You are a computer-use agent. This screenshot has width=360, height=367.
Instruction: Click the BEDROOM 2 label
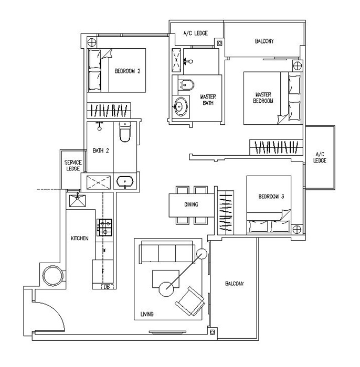point(128,72)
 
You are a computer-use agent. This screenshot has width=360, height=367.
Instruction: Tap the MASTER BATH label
point(208,100)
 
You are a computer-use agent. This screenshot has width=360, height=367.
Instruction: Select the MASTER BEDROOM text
point(263,98)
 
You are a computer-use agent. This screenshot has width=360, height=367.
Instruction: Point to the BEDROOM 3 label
point(271,197)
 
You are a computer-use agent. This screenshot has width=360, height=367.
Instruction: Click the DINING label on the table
point(190,204)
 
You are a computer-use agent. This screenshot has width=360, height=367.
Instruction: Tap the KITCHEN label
point(80,239)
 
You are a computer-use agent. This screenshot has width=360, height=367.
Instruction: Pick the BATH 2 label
point(101,150)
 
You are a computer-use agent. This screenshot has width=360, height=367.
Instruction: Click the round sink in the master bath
point(181,106)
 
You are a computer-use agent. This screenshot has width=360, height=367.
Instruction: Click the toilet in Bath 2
point(124,134)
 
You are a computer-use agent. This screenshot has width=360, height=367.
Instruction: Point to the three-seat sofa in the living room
point(165,254)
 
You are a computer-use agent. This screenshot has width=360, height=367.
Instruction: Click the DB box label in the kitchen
point(107,286)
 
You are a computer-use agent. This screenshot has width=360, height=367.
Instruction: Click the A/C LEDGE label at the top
point(195,34)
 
